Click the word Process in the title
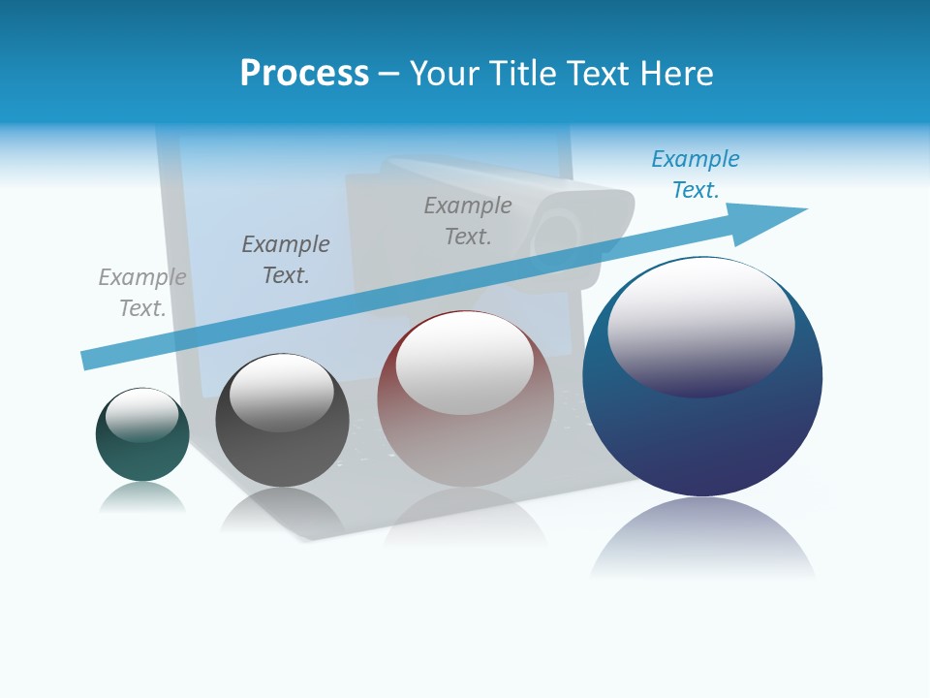[x=304, y=74]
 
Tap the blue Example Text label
[x=696, y=174]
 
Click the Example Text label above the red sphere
[x=468, y=220]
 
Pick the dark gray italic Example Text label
[x=286, y=259]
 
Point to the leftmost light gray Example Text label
[x=142, y=292]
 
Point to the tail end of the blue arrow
[x=89, y=360]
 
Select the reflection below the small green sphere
[x=142, y=498]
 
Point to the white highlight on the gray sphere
[x=281, y=393]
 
